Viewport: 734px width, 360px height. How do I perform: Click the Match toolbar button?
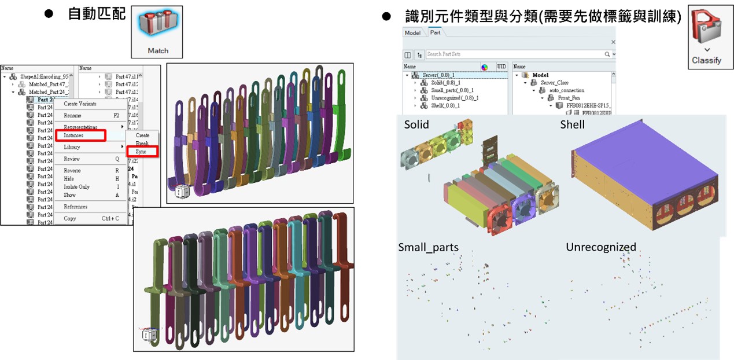click(157, 32)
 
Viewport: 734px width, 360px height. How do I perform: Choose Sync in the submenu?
click(142, 152)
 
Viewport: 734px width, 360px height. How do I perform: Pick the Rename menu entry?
click(72, 115)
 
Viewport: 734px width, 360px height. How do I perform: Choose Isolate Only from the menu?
click(76, 187)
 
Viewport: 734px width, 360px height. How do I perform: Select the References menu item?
click(75, 207)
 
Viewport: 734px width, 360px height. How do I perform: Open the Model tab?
click(412, 33)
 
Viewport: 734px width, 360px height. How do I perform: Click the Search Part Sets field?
click(515, 54)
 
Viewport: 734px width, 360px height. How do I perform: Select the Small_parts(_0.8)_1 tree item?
click(452, 90)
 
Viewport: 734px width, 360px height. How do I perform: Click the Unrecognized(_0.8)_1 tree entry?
click(455, 98)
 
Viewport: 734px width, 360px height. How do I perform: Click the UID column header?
click(501, 67)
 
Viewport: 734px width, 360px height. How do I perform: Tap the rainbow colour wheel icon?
click(485, 67)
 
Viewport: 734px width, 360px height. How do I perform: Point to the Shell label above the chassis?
click(572, 124)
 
